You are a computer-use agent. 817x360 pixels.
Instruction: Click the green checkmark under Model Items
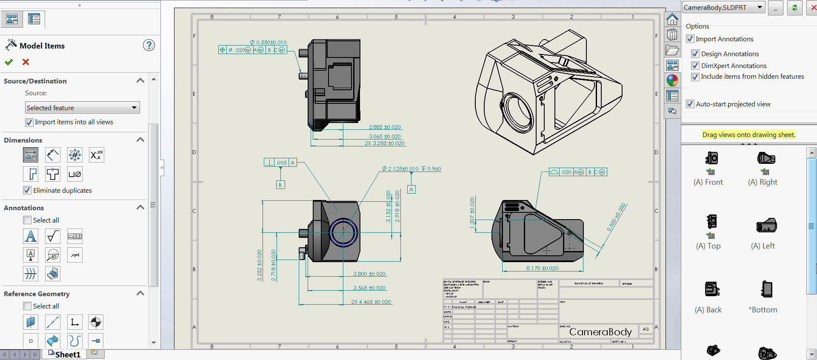(x=9, y=62)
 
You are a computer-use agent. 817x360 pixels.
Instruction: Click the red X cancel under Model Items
(x=26, y=62)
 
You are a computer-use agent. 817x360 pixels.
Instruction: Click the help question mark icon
(x=149, y=45)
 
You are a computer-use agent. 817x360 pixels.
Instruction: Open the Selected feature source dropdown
(x=134, y=108)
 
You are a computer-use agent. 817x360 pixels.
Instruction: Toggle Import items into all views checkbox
(x=29, y=123)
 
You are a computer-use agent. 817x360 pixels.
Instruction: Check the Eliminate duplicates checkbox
(x=27, y=190)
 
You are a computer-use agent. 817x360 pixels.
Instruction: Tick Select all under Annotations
(x=27, y=220)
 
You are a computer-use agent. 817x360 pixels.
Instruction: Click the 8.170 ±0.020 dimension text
(x=542, y=269)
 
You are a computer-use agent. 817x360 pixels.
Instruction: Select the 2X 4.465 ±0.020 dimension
(x=371, y=302)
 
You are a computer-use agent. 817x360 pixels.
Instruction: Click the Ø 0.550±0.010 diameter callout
(x=268, y=43)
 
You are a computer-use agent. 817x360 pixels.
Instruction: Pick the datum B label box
(x=280, y=185)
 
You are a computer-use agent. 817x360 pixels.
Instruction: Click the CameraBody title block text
(x=600, y=332)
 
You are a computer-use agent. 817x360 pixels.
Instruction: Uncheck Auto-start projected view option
(x=690, y=104)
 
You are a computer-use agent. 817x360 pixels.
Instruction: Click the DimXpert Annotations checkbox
(x=695, y=66)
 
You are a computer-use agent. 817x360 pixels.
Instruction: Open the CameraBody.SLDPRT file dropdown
(x=760, y=7)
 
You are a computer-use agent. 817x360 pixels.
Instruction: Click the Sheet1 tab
(x=67, y=354)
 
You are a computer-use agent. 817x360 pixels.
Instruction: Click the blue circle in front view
(x=343, y=232)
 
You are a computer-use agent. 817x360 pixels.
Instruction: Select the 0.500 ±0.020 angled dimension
(x=616, y=217)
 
